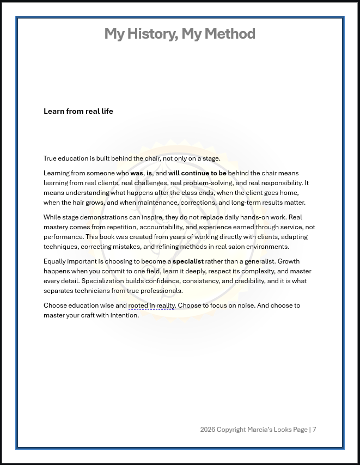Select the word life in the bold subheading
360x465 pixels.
coord(107,111)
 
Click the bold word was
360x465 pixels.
coord(137,173)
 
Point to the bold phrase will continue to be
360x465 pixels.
coord(197,173)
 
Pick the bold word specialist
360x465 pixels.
coord(188,261)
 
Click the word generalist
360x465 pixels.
coord(256,261)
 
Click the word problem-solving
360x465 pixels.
coord(206,183)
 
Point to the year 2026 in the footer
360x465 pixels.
coord(208,430)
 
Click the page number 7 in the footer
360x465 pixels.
coord(314,430)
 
